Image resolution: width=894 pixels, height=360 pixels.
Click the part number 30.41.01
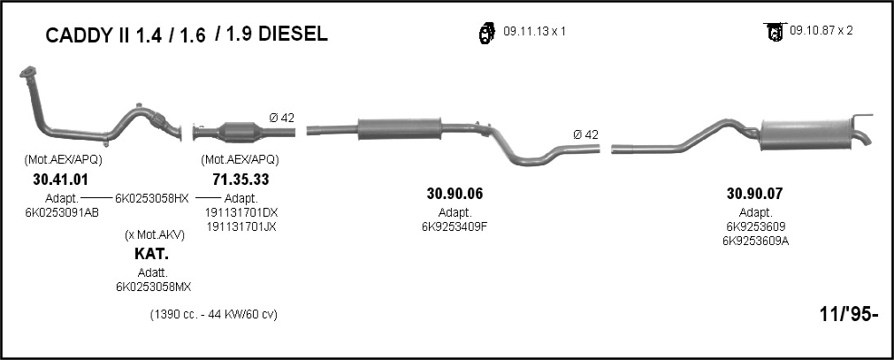61,180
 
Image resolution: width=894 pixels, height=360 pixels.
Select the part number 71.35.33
241,180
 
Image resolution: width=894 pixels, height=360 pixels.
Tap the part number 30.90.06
455,194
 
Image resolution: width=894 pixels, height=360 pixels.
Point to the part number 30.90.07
755,194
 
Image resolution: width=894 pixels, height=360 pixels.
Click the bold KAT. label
152,253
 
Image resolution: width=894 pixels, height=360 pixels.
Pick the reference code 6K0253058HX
152,198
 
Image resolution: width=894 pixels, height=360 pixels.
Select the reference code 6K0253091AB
62,212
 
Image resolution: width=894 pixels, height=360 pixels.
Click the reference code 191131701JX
241,226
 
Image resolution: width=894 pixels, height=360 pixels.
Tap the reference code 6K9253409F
455,226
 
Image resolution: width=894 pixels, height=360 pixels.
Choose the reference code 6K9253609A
755,241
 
